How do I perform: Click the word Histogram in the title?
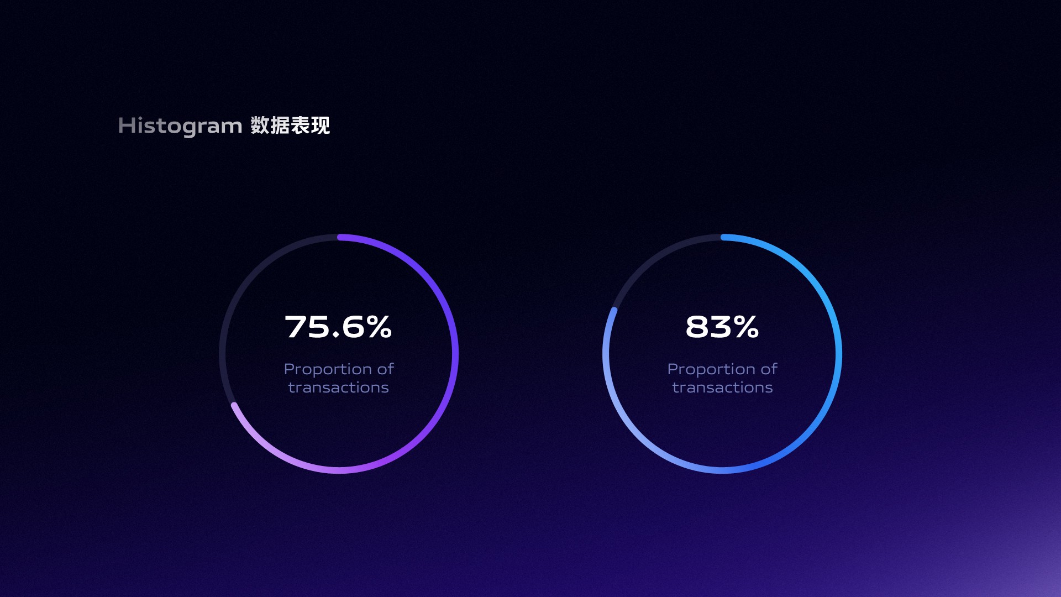click(180, 126)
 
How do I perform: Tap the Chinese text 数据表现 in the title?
click(290, 125)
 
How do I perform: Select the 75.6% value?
click(338, 327)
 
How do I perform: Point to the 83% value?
click(722, 327)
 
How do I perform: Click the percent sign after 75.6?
click(379, 327)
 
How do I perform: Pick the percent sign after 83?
click(747, 327)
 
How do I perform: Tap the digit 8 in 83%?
click(697, 327)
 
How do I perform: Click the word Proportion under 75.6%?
click(328, 369)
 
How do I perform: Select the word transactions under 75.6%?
click(339, 387)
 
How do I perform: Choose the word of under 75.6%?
click(386, 369)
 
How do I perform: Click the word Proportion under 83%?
click(711, 369)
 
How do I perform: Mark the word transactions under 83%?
click(723, 387)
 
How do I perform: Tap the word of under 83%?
click(769, 369)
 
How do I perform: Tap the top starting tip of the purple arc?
click(340, 237)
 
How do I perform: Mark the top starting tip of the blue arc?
click(723, 237)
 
